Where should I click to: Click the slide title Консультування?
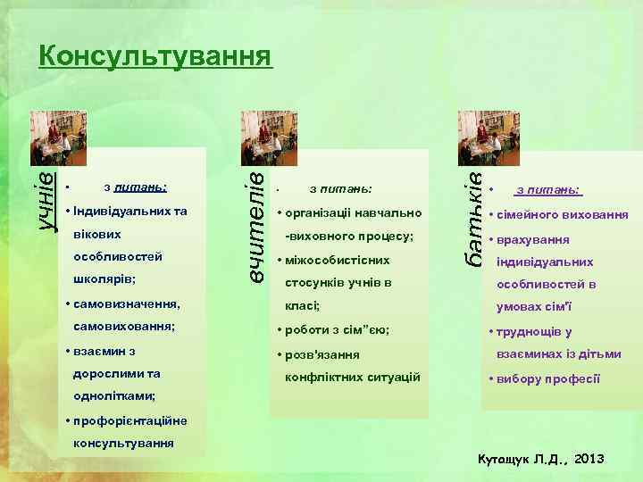click(154, 56)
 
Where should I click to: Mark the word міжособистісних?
click(338, 261)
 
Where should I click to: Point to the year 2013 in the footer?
click(589, 459)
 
